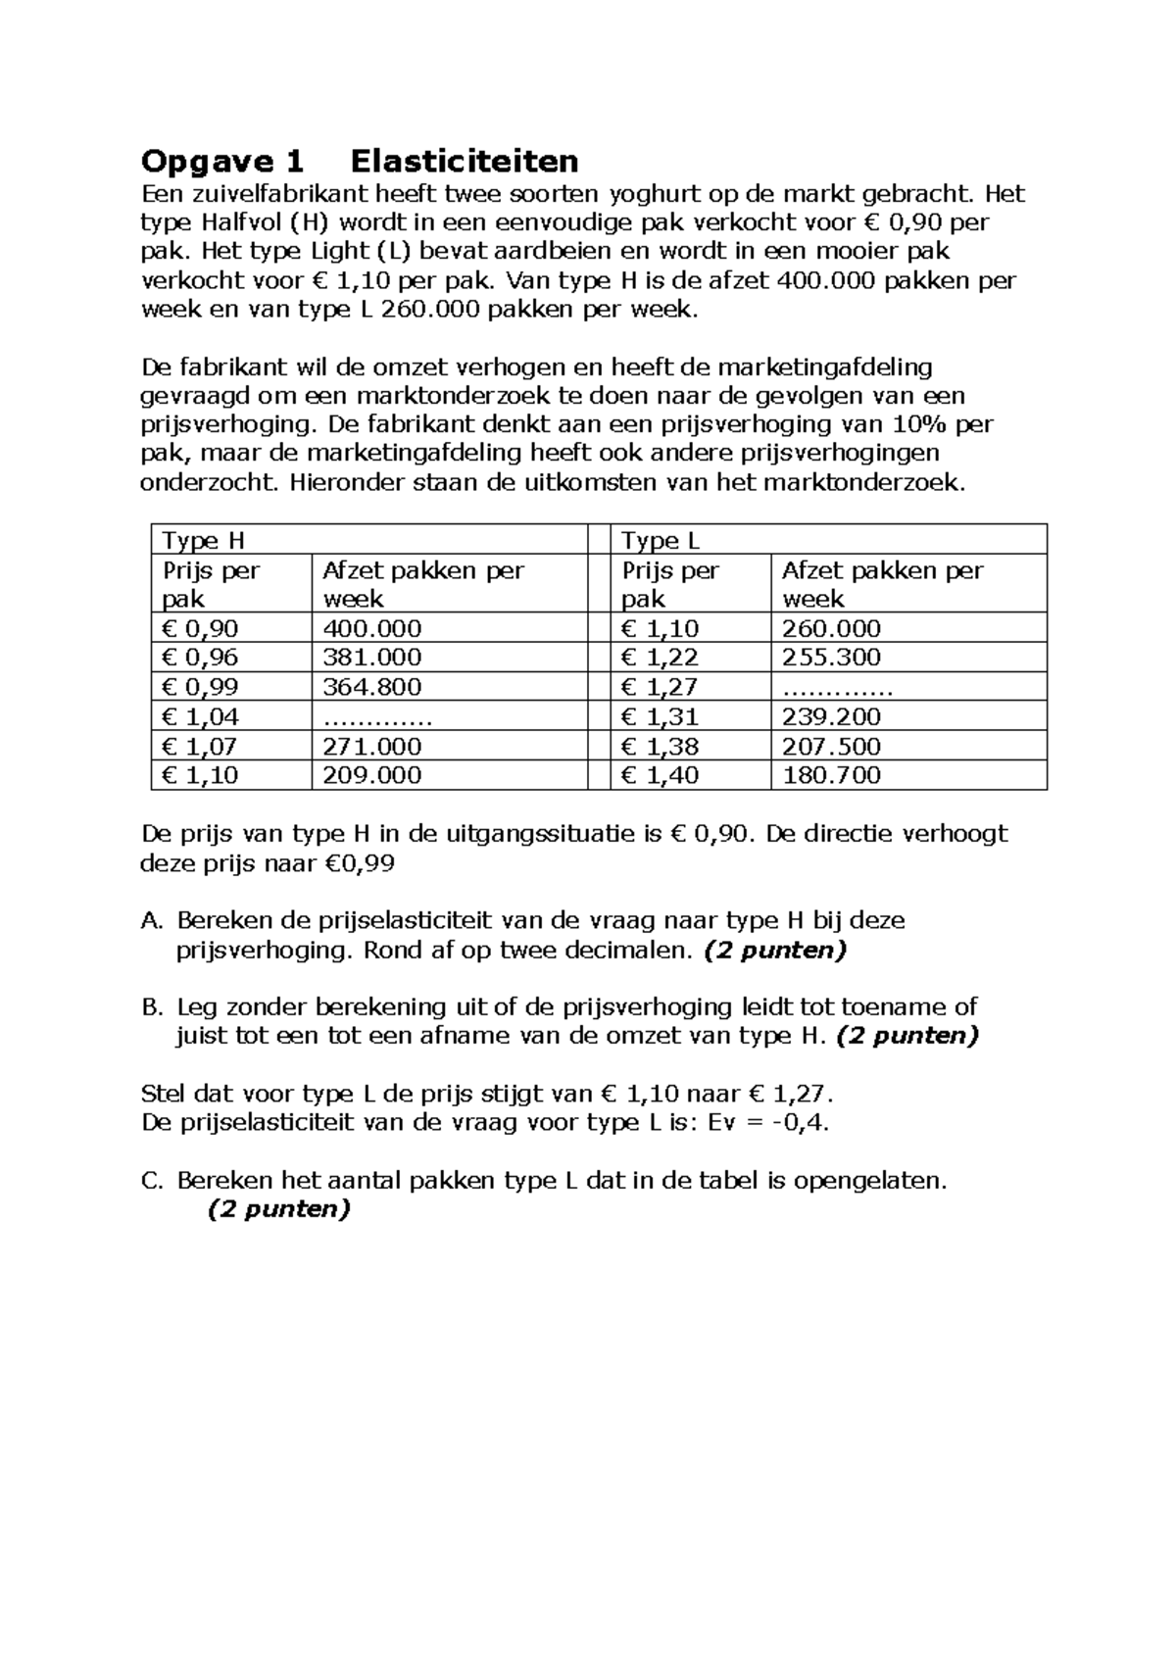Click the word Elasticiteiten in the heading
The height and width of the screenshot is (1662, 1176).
(464, 161)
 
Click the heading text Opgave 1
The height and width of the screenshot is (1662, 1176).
(223, 161)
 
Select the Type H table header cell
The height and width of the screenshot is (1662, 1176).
(203, 540)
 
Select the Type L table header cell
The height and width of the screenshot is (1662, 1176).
(661, 540)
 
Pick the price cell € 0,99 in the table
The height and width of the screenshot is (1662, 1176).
(200, 687)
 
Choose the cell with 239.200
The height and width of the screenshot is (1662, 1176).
(831, 716)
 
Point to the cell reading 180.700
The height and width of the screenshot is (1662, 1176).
(831, 775)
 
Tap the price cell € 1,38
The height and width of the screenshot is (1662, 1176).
(661, 746)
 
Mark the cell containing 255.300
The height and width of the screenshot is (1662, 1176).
(831, 658)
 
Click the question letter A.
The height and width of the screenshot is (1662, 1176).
(150, 921)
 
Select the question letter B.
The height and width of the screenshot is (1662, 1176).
(150, 1007)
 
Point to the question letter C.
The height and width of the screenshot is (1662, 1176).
(150, 1181)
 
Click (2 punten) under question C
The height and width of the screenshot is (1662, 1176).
(278, 1209)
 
